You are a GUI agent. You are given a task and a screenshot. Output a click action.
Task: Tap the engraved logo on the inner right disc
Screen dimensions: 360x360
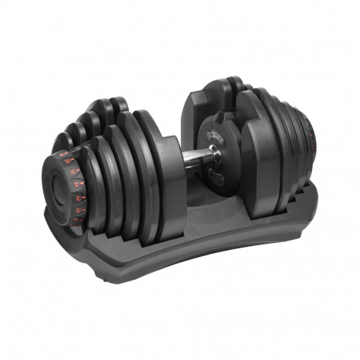click(214, 134)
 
